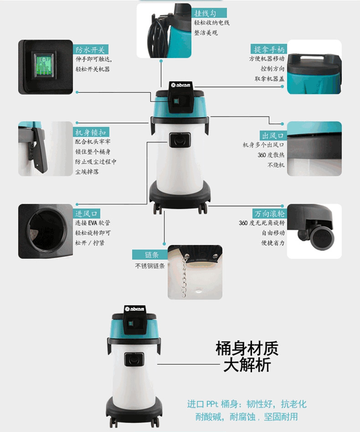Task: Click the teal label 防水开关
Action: pos(91,50)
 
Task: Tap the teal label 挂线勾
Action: pos(209,13)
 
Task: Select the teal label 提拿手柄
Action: pos(269,49)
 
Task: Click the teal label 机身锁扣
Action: pos(91,132)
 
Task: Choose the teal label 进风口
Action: pos(87,213)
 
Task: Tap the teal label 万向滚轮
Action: pos(270,213)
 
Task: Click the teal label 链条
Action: pos(150,255)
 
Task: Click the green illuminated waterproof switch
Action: pos(43,65)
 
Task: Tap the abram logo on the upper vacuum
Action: pos(180,85)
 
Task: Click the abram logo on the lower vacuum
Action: pos(134,308)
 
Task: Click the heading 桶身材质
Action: pos(247,348)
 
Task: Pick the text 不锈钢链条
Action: pos(150,266)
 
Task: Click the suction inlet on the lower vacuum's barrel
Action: pos(134,359)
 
